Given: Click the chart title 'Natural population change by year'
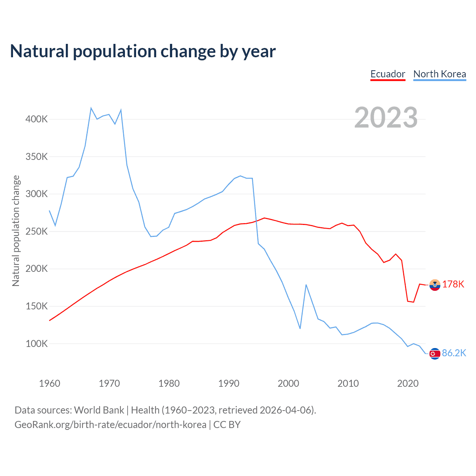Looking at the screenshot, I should pyautogui.click(x=143, y=51).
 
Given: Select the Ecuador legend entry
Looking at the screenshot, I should pyautogui.click(x=387, y=74).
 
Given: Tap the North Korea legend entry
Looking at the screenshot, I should pyautogui.click(x=440, y=74).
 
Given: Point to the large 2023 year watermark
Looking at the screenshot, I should pyautogui.click(x=386, y=118).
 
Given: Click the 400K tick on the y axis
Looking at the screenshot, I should pyautogui.click(x=36, y=119).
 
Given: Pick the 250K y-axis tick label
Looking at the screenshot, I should pyautogui.click(x=36, y=231).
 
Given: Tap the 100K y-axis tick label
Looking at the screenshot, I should pyautogui.click(x=36, y=344).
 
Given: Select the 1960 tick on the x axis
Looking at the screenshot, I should pyautogui.click(x=49, y=383).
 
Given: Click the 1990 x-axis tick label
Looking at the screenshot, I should pyautogui.click(x=229, y=383).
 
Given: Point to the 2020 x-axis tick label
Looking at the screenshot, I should pyautogui.click(x=408, y=383).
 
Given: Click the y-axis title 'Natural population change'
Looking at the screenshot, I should pyautogui.click(x=16, y=231).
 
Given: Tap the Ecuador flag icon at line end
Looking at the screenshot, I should pyautogui.click(x=435, y=285).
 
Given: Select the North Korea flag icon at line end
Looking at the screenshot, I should pyautogui.click(x=435, y=354).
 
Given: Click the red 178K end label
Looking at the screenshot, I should pyautogui.click(x=453, y=284).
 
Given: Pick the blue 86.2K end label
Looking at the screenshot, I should pyautogui.click(x=454, y=353).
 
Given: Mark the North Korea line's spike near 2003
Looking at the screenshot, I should pyautogui.click(x=306, y=285).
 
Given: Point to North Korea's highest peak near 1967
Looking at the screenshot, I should pyautogui.click(x=91, y=108).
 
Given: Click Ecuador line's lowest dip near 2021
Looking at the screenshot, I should pyautogui.click(x=414, y=302).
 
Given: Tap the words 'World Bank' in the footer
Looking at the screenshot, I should pyautogui.click(x=99, y=410).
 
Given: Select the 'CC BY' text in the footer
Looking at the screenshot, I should pyautogui.click(x=227, y=425).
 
